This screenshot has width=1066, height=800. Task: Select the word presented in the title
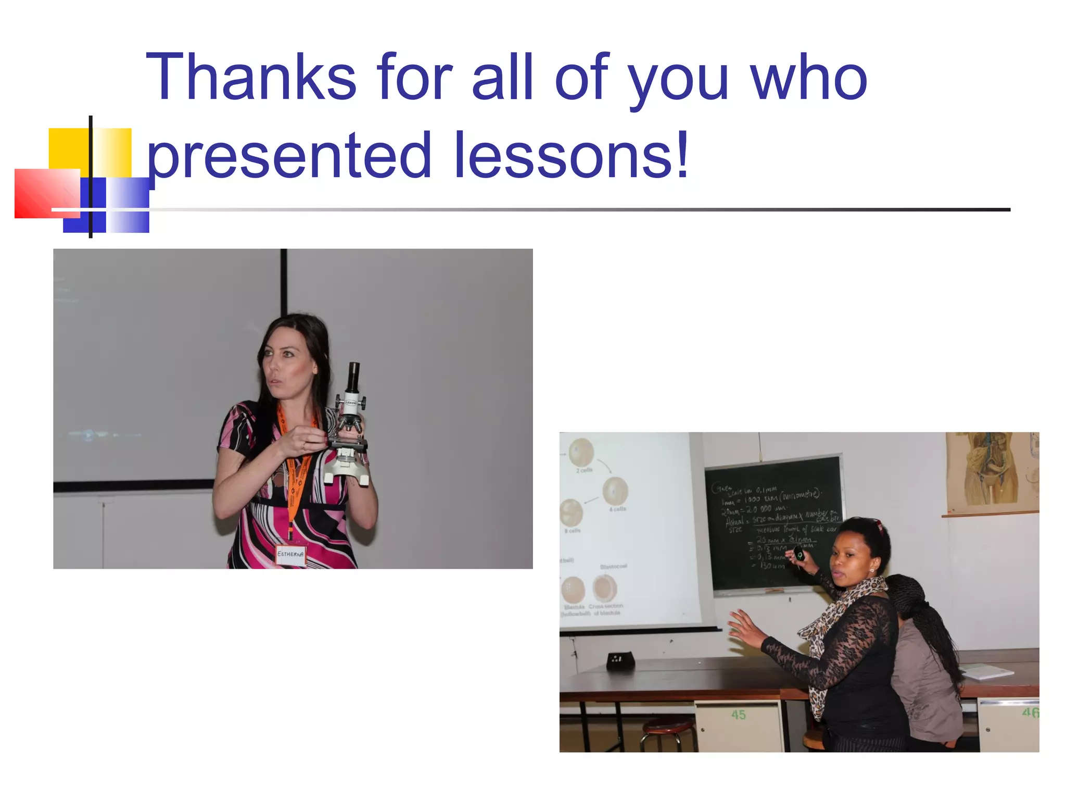coord(289,155)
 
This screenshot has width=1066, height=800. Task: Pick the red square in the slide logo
coord(47,193)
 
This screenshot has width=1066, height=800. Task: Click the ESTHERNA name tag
coord(290,554)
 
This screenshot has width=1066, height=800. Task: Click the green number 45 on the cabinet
coord(738,715)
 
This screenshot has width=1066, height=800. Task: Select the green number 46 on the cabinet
coord(1030,712)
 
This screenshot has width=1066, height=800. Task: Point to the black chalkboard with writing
coord(773,521)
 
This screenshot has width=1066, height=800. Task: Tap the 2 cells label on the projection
coord(584,470)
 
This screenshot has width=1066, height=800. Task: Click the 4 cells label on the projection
coord(617,509)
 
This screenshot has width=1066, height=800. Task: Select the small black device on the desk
coord(620,661)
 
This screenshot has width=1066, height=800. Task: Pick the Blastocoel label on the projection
coord(613,566)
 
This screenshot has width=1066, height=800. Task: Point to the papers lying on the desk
coord(986,672)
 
